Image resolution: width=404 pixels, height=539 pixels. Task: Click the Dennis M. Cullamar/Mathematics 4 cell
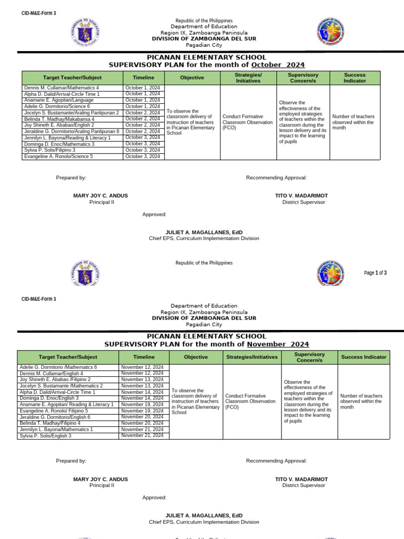[x=61, y=87]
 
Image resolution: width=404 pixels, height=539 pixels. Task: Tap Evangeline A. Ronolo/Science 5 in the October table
[x=58, y=156]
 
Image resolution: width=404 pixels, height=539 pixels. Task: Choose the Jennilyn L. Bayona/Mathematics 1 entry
[x=56, y=430]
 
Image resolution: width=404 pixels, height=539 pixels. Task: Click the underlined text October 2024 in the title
[x=278, y=65]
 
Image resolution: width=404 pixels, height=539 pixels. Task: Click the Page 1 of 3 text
[x=375, y=273]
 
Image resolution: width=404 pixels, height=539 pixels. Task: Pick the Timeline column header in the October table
[x=144, y=78]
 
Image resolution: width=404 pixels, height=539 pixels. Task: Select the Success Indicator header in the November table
[x=363, y=357]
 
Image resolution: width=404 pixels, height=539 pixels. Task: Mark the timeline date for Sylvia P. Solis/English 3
[x=143, y=436]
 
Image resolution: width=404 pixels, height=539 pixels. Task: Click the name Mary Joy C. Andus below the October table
[x=100, y=195]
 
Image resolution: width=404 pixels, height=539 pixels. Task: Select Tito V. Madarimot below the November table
[x=301, y=479]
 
